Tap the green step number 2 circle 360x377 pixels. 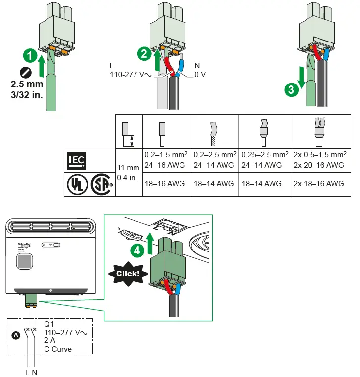(x=143, y=55)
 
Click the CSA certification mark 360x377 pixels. (x=100, y=184)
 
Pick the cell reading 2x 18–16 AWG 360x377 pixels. (x=319, y=184)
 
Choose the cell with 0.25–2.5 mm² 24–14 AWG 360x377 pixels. (x=264, y=160)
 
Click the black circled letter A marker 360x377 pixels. (x=16, y=335)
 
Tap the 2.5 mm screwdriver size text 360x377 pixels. (x=27, y=85)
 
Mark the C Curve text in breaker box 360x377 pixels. (x=58, y=349)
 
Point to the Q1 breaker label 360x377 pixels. (x=49, y=324)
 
